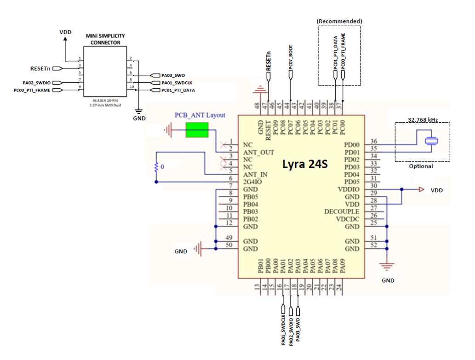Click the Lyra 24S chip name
tap(305, 163)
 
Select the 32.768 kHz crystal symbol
tap(431, 141)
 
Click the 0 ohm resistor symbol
tap(157, 167)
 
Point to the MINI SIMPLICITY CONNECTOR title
tap(105, 39)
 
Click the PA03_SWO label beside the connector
tap(173, 75)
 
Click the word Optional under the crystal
tap(421, 166)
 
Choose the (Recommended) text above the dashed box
tap(339, 21)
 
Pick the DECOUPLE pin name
tap(342, 211)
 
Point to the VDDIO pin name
tap(348, 189)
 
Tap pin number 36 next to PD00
tap(374, 142)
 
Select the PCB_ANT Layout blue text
tap(200, 115)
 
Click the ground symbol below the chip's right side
tap(388, 267)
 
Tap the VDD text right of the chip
tap(437, 190)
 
